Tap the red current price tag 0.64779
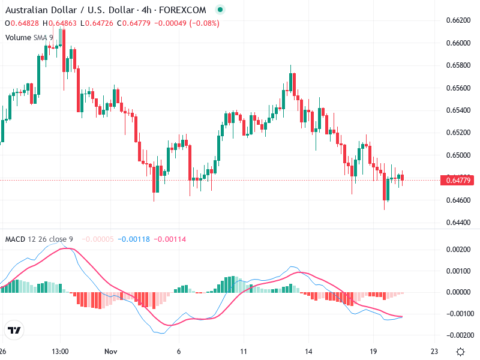pos(458,180)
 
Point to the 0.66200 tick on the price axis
pos(458,20)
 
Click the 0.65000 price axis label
pos(458,155)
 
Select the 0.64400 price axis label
pos(458,223)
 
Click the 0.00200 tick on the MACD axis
pos(458,249)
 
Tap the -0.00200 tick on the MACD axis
pos(458,335)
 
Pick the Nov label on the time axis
pos(110,351)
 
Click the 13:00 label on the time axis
pos(60,351)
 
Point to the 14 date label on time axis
pos(308,351)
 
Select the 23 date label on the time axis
pos(434,351)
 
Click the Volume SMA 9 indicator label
pos(29,37)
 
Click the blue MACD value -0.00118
pos(135,239)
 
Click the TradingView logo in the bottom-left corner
pos(14,330)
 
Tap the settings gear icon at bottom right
pos(460,351)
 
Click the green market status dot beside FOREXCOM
pos(220,10)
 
